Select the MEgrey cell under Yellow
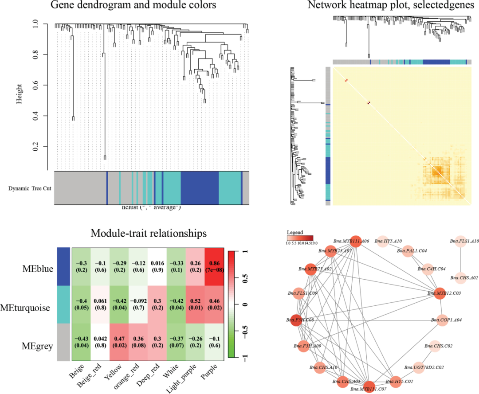point(119,342)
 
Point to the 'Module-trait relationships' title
point(148,233)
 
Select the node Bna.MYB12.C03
point(438,293)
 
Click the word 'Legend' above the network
point(295,232)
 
